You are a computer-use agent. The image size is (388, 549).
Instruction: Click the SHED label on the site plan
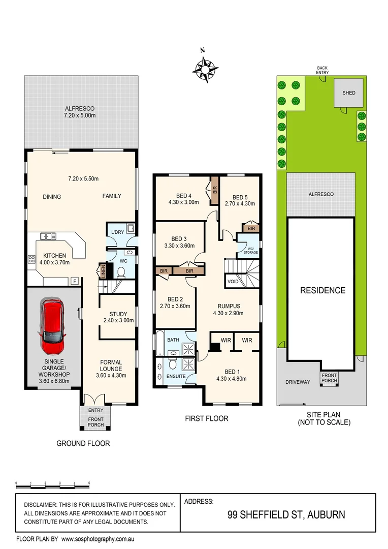[x=349, y=93]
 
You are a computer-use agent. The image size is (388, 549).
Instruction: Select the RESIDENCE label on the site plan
[x=322, y=291]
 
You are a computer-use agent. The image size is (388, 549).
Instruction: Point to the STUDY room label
[x=118, y=314]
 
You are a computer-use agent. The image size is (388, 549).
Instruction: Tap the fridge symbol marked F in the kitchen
[x=75, y=281]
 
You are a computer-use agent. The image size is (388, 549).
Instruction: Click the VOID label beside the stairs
[x=233, y=281]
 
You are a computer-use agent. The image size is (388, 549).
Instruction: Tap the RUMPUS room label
[x=229, y=306]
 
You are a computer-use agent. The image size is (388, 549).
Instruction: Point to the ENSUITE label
[x=175, y=376]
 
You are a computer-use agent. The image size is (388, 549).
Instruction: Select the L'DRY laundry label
[x=117, y=232]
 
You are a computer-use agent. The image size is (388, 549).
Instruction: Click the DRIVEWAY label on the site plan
[x=297, y=382]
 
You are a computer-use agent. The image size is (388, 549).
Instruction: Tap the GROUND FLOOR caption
[x=83, y=443]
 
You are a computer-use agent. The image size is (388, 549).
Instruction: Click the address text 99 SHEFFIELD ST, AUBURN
[x=286, y=514]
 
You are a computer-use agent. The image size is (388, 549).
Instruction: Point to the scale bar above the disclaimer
[x=53, y=484]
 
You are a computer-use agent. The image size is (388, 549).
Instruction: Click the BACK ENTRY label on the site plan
[x=322, y=70]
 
